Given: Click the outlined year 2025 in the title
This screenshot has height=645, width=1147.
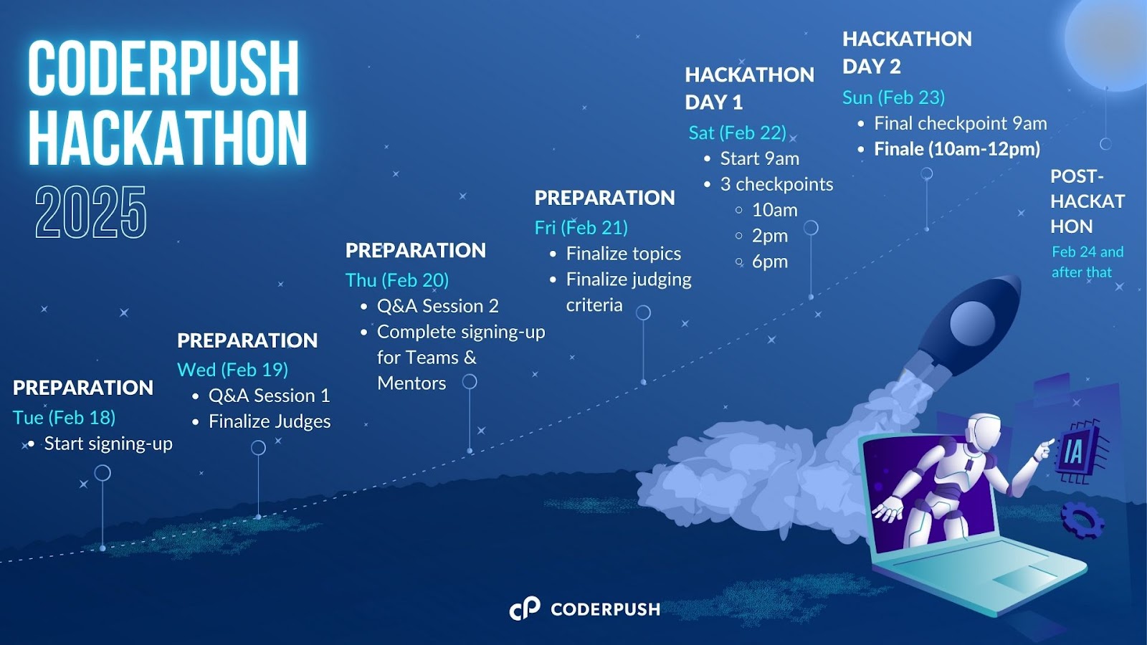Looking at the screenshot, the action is [90, 212].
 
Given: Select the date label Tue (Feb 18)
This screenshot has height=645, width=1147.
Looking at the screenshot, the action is [64, 418].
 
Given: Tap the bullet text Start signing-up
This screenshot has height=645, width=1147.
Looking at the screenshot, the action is [108, 444].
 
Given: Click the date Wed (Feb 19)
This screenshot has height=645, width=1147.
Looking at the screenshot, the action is [232, 370].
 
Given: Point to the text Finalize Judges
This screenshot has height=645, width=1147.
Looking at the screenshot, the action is [270, 421].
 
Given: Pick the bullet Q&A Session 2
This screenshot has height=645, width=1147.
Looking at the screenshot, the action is [438, 306].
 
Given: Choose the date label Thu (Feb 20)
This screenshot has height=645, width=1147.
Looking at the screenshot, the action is [397, 280].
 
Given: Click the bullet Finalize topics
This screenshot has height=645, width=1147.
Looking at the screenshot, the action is [623, 254].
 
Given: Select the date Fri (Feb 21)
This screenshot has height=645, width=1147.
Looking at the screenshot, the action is [581, 228].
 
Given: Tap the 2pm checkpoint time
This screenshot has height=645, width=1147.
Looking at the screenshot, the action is [770, 236].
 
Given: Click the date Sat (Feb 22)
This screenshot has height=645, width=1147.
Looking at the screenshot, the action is [738, 133].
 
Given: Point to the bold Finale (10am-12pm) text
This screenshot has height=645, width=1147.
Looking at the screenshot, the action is [957, 149].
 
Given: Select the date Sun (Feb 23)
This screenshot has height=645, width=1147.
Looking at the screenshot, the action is [893, 97].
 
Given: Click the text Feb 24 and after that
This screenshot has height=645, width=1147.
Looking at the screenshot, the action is [1087, 262].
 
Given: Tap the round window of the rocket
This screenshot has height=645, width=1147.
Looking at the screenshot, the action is [972, 322].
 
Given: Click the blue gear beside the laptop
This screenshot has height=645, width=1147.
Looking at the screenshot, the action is [1082, 520].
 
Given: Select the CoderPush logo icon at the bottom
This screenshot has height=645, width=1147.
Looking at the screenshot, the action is [525, 608].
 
